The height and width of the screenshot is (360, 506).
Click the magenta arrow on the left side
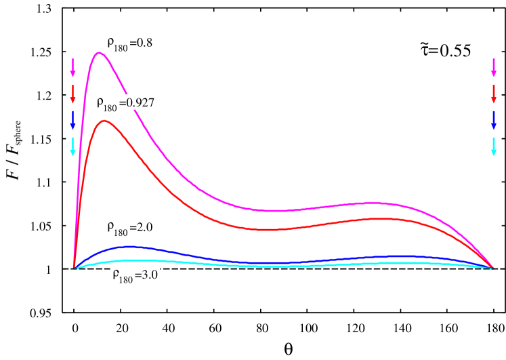(72, 68)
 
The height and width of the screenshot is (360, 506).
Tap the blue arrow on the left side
(72, 119)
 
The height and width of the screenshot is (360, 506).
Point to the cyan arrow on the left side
(72, 146)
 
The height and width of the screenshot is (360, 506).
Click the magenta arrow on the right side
(494, 68)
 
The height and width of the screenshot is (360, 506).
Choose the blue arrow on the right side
(494, 119)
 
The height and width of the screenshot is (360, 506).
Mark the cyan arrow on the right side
(494, 146)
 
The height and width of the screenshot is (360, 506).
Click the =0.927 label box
(137, 103)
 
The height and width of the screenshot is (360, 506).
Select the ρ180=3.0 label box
(135, 277)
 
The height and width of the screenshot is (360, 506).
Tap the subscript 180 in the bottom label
(126, 280)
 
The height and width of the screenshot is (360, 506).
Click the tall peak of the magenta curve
(100, 52)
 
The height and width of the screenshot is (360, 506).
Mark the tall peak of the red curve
(104, 121)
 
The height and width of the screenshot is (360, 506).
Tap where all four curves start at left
(74, 268)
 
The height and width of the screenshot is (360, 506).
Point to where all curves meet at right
(492, 268)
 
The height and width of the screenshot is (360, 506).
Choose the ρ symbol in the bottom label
(115, 276)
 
